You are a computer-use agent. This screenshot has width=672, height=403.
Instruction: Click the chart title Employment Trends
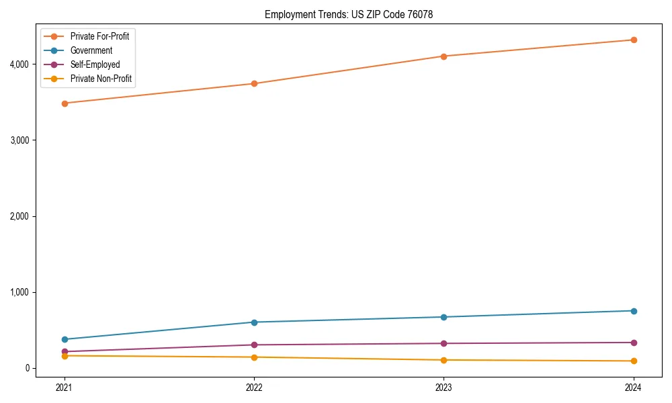(353, 14)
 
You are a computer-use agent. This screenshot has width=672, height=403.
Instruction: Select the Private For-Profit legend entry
(99, 36)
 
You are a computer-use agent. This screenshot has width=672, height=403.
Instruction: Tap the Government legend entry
(91, 50)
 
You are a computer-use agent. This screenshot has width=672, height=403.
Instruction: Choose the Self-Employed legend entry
(95, 64)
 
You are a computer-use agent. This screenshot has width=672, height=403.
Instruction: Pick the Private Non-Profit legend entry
(101, 79)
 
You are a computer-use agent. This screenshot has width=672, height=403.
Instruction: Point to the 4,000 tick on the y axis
(19, 64)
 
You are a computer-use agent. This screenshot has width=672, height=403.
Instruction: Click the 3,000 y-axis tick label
(19, 140)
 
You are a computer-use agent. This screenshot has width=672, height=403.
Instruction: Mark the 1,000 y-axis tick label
(19, 292)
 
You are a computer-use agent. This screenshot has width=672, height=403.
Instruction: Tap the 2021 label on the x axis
(65, 388)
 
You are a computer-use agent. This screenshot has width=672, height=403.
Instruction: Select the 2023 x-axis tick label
(444, 388)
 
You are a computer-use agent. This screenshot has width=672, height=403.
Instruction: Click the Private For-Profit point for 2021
(65, 103)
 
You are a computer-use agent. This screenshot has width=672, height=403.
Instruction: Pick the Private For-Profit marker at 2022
(254, 83)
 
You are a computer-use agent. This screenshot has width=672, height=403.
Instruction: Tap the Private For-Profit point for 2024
(633, 40)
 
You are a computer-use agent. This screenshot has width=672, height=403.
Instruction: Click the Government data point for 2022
(254, 322)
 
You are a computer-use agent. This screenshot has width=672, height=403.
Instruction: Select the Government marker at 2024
(633, 311)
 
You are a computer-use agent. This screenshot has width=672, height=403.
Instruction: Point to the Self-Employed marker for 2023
(444, 343)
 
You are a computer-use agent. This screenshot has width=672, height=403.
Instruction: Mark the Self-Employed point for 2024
(633, 343)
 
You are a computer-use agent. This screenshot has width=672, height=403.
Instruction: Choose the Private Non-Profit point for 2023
(444, 360)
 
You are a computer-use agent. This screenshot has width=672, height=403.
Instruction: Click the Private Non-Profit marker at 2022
(254, 357)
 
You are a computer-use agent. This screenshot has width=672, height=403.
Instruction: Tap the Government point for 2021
(65, 339)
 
